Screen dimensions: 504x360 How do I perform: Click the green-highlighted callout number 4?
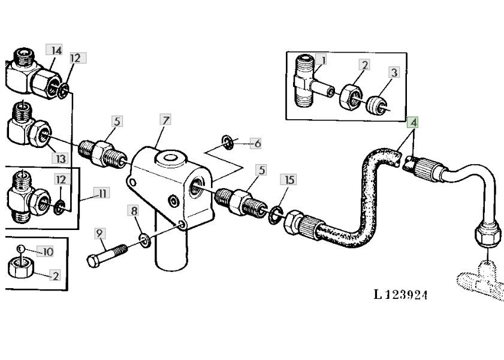pos(413,122)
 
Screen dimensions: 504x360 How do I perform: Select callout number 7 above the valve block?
pos(165,120)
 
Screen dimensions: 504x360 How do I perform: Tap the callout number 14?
pos(54,50)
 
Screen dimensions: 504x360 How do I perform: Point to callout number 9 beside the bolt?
pos(99,234)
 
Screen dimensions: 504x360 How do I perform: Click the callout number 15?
pos(289,180)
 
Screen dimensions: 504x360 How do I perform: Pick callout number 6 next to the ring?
pos(256,144)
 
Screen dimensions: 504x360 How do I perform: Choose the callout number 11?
pos(101,193)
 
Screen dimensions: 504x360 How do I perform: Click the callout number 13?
pos(60,158)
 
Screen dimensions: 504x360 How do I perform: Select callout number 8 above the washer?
pos(134,211)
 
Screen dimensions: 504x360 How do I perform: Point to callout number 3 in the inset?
pos(394,72)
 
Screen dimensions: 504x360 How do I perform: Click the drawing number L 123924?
pos(400,294)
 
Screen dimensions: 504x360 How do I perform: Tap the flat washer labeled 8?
pos(144,241)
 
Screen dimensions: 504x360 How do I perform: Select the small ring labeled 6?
pos(228,143)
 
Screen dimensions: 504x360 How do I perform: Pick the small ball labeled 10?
pos(20,248)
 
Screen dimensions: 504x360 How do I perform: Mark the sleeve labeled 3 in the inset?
pos(376,105)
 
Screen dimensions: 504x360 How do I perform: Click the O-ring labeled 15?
pos(276,215)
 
